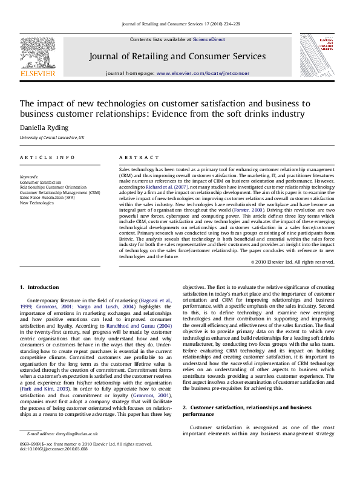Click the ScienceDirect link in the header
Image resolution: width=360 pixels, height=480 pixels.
209,39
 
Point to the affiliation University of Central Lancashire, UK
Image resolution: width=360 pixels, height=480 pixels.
52,138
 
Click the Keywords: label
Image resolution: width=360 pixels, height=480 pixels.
29,177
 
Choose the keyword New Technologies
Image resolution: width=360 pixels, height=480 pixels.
37,203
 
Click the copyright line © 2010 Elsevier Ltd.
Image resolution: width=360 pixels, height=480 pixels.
292,262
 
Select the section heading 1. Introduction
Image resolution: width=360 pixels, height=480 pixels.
39,287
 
